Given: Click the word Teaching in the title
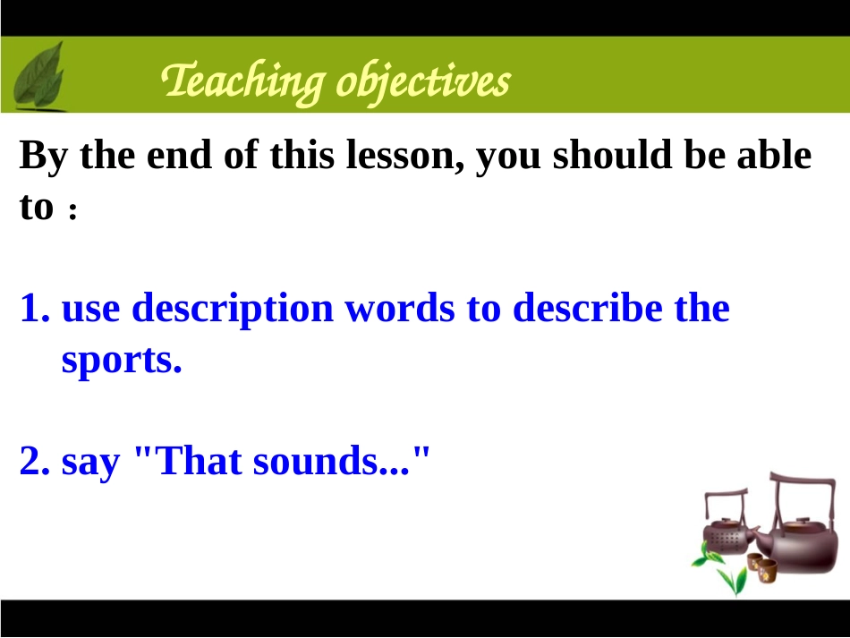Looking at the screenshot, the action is (x=242, y=81).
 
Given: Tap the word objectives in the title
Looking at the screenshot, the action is (x=423, y=82).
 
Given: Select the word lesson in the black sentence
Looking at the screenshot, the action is (x=405, y=155).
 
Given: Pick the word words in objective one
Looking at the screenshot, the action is (x=400, y=307).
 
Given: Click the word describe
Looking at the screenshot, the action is (x=588, y=307).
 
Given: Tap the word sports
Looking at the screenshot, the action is (x=122, y=361).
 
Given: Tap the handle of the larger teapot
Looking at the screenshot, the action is (x=803, y=493).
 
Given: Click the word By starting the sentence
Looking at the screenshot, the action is (x=43, y=156).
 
